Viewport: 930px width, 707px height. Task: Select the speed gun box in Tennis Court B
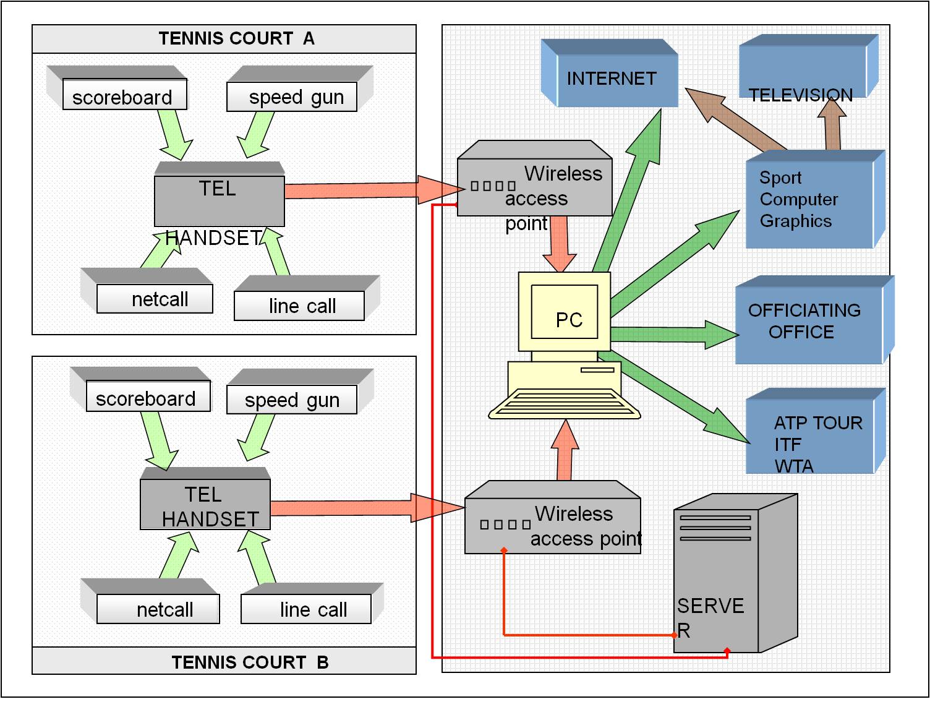click(292, 400)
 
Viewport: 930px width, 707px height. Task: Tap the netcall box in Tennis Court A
click(155, 299)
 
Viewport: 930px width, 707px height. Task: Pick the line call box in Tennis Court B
click(306, 609)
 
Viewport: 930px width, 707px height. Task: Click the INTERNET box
click(611, 79)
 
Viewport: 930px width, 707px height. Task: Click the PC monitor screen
click(565, 312)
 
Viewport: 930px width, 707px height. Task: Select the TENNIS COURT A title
click(236, 39)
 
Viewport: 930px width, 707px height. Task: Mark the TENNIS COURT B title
click(250, 662)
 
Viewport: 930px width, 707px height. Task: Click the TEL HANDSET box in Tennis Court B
click(205, 506)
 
